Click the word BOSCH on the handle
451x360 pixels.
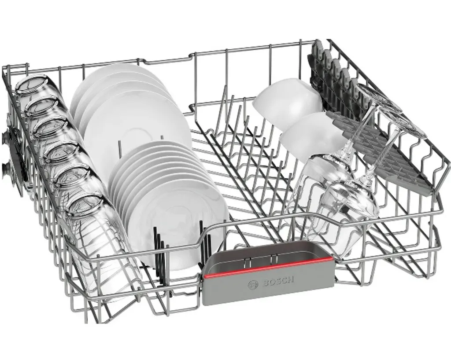point(278,282)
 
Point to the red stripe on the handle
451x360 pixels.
point(269,268)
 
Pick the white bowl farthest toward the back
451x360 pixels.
point(288,100)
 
